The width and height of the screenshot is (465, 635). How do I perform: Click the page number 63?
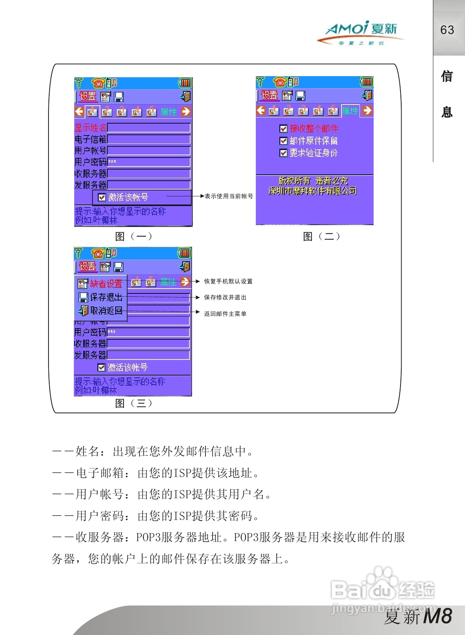coord(447,30)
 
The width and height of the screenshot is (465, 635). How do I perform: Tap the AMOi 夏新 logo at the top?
coord(361,32)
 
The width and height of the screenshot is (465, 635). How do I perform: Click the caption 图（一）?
coord(133,236)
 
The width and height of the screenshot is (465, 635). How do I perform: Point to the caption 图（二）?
coord(321,236)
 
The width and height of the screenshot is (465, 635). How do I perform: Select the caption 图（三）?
coord(133,403)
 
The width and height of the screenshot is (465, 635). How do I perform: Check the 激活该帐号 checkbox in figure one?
coord(102,197)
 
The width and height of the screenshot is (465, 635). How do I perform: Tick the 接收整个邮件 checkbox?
coord(283,129)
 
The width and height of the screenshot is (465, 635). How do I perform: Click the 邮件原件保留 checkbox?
coord(283,141)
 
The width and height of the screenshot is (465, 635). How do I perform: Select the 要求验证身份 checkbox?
coord(283,153)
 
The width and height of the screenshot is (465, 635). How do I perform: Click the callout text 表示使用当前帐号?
coord(229,196)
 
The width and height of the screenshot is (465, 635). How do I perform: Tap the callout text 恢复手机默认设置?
coord(228,281)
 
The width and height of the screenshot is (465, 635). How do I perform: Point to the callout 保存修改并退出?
coord(225,298)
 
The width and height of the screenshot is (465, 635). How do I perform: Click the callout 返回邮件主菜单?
coord(225,314)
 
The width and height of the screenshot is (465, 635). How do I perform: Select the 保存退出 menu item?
coord(101,297)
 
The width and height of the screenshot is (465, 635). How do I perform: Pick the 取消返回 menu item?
coord(101,311)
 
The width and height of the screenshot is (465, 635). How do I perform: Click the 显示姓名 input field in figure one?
coord(149,128)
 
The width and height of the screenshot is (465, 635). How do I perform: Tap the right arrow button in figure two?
coord(367,110)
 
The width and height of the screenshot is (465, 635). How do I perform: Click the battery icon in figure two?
coord(367,82)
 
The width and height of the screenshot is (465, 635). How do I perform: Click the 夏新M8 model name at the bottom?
coord(418,616)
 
